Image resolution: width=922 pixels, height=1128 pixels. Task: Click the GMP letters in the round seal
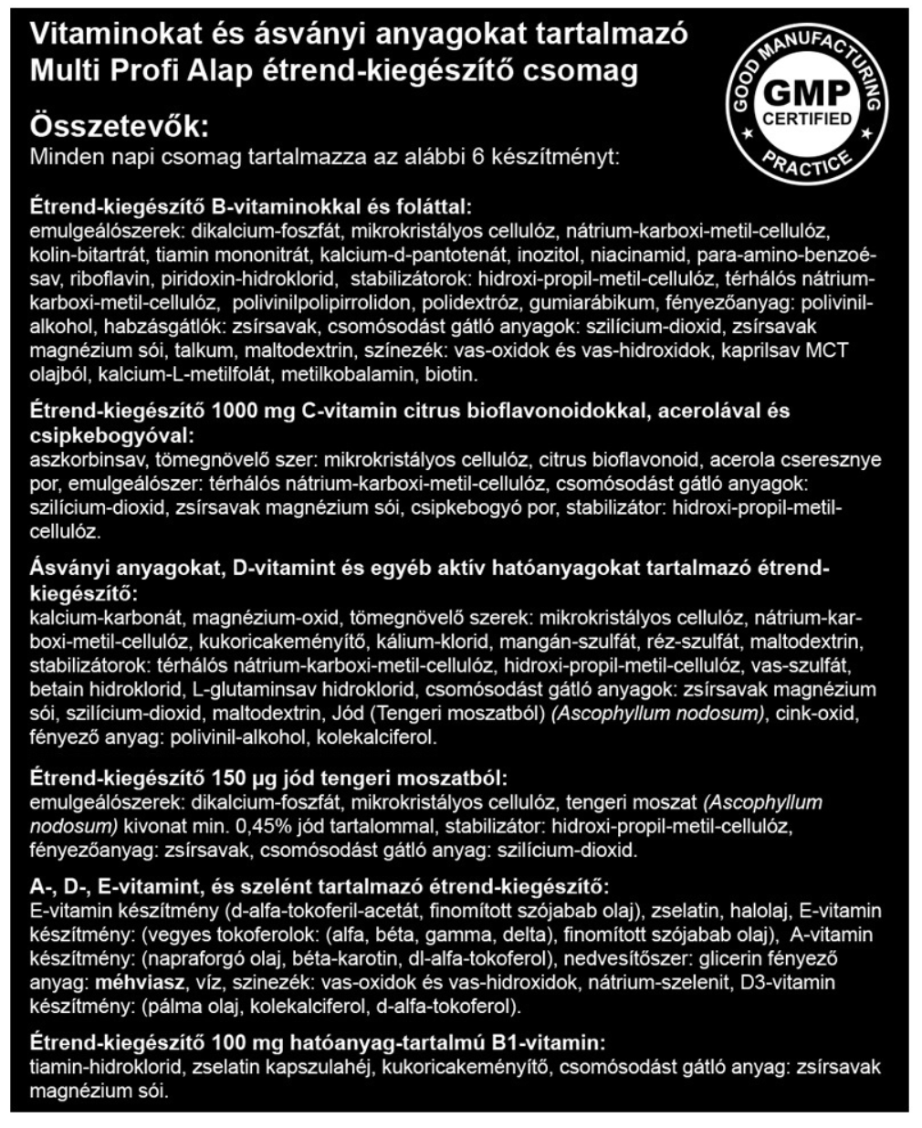[806, 94]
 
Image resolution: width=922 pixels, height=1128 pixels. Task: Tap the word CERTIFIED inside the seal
[806, 119]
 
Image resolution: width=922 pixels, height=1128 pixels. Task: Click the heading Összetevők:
[120, 125]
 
